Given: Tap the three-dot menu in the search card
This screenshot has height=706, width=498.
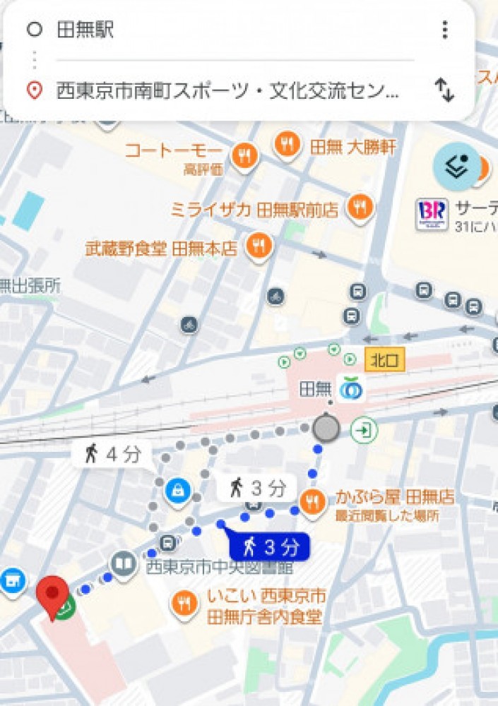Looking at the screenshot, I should click(444, 30).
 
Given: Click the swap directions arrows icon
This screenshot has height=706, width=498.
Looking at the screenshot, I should click(444, 90).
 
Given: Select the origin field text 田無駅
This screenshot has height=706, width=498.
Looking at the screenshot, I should click(85, 30).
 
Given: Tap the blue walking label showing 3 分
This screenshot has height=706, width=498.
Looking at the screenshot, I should click(269, 546).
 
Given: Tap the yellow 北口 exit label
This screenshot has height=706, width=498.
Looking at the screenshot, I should click(384, 360).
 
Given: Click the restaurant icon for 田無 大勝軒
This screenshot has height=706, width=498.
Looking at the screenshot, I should click(287, 145).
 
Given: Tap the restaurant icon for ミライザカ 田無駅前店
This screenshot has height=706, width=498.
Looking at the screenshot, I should click(360, 208).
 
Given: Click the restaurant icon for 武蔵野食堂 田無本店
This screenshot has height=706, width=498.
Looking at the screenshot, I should click(259, 246).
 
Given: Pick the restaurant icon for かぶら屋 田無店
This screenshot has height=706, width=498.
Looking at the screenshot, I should click(312, 502).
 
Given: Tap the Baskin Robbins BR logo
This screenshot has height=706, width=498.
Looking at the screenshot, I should click(432, 211).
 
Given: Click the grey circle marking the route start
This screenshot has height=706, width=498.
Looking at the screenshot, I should click(326, 428).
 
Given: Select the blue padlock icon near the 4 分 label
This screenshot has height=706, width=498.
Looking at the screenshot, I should click(177, 489).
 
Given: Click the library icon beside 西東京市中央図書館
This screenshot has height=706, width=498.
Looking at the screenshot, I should click(124, 563).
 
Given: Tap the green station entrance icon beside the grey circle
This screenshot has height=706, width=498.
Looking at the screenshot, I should click(364, 429).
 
